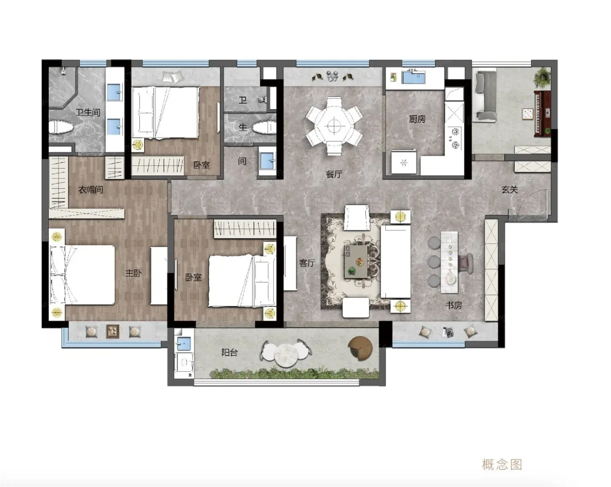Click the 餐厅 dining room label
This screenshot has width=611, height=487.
334,174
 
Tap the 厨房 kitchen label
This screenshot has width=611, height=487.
417,119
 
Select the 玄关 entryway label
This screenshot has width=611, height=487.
510,189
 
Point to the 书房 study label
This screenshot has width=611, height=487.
453,305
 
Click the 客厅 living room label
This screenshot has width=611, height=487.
307,263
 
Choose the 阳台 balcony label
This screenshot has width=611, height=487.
230,353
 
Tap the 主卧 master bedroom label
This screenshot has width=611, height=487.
133,273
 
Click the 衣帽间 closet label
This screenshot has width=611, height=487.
91,190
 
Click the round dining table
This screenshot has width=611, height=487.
334,125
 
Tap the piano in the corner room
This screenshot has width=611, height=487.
542,113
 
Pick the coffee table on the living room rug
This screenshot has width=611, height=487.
356,261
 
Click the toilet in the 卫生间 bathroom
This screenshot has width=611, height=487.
60,127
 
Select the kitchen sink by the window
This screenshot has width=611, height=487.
414,77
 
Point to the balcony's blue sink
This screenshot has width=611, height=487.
184,343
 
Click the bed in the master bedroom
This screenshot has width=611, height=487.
82,274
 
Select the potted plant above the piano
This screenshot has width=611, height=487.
542,76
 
